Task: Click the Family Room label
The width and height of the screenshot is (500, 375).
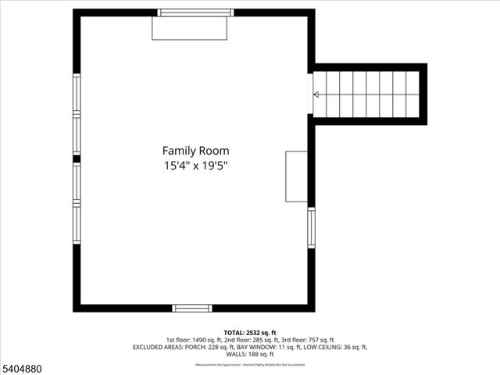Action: click(x=195, y=150)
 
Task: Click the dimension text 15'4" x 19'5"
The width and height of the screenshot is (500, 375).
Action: click(x=195, y=166)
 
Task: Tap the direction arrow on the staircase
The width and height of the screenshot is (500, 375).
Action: click(x=316, y=95)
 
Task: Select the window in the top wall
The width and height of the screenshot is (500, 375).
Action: click(x=195, y=12)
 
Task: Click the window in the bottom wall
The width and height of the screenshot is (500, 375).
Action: click(x=192, y=308)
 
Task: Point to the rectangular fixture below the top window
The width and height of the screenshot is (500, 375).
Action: click(x=189, y=28)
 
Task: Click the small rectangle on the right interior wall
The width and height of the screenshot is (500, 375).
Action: click(x=296, y=177)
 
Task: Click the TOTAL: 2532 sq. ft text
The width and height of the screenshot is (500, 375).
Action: click(x=249, y=331)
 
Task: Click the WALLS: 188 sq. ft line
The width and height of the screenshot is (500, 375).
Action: click(x=249, y=354)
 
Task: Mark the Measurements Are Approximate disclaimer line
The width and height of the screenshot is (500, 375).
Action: click(x=249, y=364)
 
